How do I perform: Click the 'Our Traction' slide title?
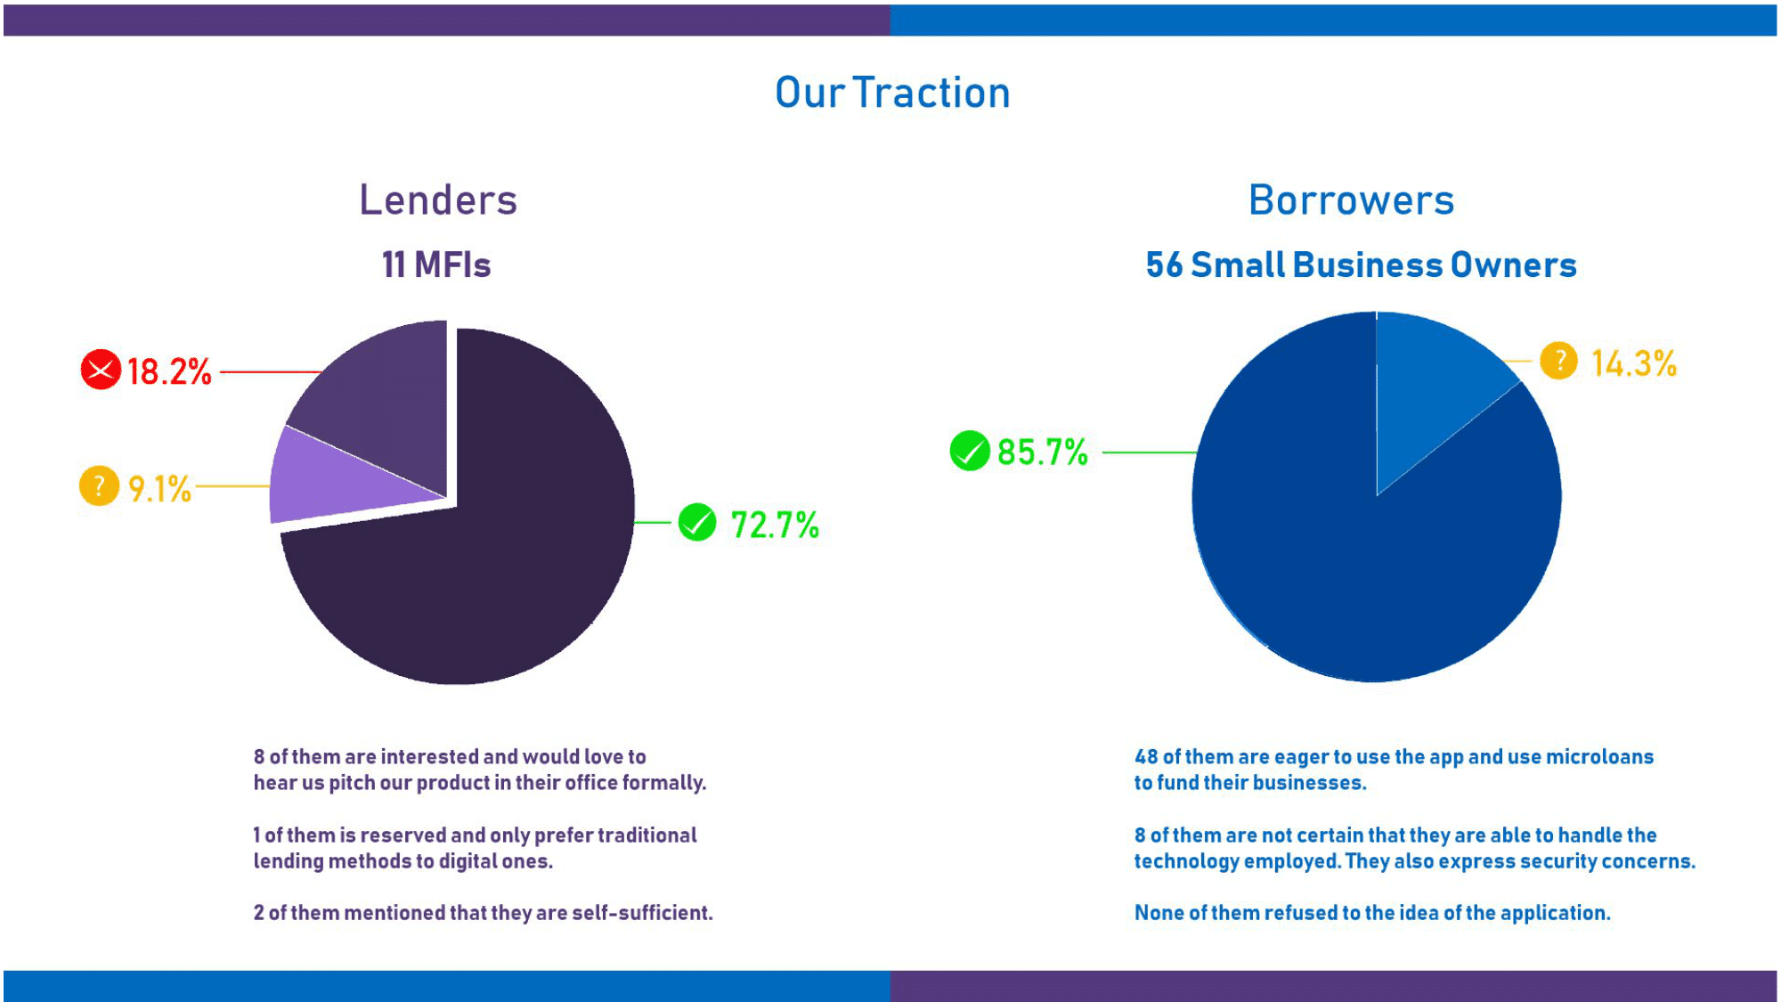coord(892,93)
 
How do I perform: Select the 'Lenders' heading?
coord(438,200)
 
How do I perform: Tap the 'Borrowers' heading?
coord(1351,200)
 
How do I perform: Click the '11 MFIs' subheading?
coord(436,265)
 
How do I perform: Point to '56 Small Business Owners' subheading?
coord(1361,265)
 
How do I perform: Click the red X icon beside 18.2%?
coord(101,370)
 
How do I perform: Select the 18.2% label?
coord(169,371)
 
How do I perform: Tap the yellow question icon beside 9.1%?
coord(99,486)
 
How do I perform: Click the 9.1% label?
coord(160,489)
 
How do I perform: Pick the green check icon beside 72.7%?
coord(697,523)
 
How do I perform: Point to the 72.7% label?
coord(775,525)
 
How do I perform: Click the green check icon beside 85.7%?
coord(970,451)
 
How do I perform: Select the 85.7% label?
coord(1043,452)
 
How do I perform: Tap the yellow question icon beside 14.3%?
coord(1558,361)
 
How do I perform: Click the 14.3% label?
coord(1634,363)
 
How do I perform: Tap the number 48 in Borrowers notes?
coord(1146,757)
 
